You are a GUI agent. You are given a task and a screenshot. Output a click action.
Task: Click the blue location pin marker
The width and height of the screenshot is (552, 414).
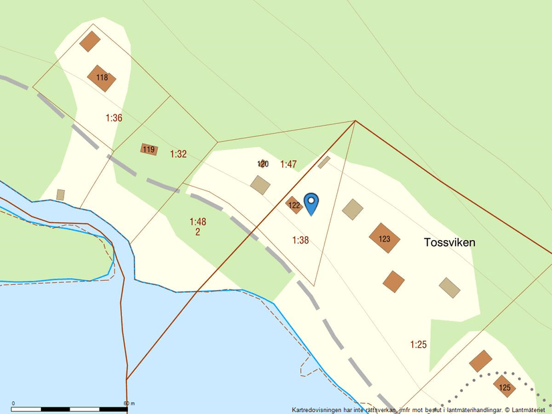[311, 202]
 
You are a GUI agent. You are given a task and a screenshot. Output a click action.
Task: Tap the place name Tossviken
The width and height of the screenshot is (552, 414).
[450, 243]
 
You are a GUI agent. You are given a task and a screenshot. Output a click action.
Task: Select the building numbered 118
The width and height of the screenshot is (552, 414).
[102, 78]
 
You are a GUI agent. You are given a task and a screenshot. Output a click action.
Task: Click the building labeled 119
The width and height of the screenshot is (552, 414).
[149, 149]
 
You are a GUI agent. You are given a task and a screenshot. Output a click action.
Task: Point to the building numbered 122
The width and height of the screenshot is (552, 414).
[294, 205]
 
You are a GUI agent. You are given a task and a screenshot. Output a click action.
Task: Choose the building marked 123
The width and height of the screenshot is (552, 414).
[384, 238]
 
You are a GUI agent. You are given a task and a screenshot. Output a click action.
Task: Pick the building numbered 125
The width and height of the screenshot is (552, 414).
[504, 387]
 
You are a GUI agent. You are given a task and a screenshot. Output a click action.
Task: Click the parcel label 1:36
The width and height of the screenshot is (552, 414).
[114, 118]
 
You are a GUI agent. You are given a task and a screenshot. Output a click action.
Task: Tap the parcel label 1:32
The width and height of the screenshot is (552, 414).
[178, 154]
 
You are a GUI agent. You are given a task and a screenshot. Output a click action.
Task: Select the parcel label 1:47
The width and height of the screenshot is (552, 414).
[288, 164]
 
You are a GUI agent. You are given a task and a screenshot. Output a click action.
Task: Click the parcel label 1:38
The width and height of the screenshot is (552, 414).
[300, 240]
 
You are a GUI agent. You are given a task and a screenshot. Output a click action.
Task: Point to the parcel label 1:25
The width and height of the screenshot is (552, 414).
[419, 344]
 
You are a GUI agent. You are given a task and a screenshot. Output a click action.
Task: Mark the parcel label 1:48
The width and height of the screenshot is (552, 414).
[197, 221]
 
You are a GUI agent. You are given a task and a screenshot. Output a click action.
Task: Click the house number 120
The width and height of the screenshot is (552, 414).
[263, 164]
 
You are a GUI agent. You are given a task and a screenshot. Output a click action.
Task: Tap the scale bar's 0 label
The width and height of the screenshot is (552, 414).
[13, 403]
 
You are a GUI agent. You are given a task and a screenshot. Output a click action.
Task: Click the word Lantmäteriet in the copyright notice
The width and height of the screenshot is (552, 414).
[529, 409]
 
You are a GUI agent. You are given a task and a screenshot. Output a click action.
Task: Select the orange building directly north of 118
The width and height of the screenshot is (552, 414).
[90, 41]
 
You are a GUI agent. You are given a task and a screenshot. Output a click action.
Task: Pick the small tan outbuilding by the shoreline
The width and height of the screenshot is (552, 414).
[61, 195]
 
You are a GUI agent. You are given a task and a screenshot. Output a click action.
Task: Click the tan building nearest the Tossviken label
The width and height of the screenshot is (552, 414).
[450, 288]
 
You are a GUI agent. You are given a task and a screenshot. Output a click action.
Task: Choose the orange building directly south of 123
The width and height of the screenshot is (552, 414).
[393, 281]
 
